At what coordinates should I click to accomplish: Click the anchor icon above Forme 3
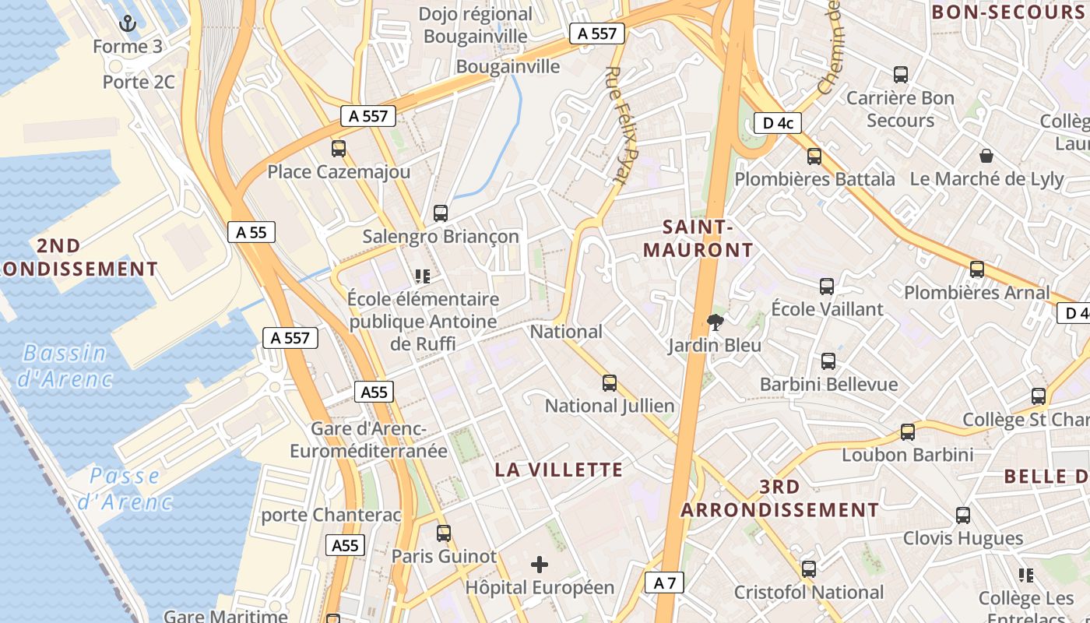click(x=128, y=23)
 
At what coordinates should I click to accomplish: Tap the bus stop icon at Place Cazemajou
click(x=339, y=149)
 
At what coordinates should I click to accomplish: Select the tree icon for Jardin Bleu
click(x=715, y=322)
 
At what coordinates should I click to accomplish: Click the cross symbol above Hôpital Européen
click(x=540, y=565)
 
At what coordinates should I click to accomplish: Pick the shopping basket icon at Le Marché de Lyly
click(x=986, y=156)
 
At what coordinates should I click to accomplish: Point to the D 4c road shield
click(x=777, y=122)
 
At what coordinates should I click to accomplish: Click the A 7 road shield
click(x=664, y=582)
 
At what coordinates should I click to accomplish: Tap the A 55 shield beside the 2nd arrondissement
click(x=251, y=231)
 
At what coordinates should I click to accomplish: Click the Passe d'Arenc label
click(x=125, y=488)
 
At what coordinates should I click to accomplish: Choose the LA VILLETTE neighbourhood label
click(x=559, y=470)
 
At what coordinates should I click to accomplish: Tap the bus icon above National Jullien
click(x=610, y=383)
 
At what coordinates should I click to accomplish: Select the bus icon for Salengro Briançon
click(x=441, y=213)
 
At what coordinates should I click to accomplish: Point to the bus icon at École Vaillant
click(x=827, y=287)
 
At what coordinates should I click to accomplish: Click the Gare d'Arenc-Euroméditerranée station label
click(x=368, y=440)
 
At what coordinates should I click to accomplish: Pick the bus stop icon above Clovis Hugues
click(x=963, y=516)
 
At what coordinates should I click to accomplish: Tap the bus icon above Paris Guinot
click(x=444, y=533)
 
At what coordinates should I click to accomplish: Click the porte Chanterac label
click(x=332, y=515)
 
